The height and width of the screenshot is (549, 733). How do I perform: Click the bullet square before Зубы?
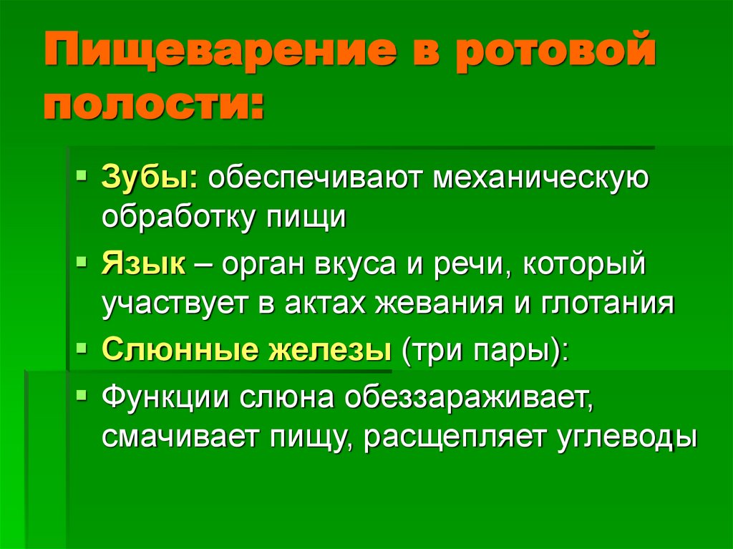point(83,174)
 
